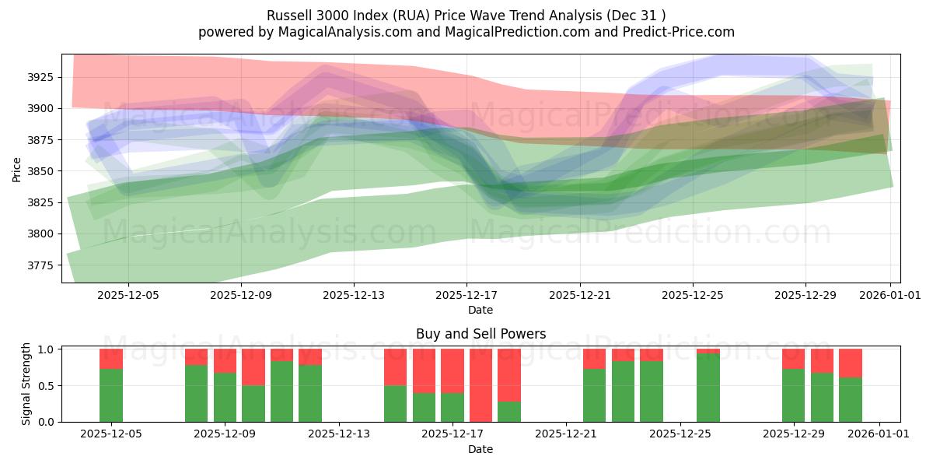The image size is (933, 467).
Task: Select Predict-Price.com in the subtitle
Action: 676,32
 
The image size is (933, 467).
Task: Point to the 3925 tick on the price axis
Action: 40,77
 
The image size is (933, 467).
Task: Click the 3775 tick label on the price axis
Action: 40,265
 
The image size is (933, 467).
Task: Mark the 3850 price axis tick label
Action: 40,171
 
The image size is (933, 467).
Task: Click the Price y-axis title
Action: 17,169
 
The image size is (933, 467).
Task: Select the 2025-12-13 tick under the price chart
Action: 354,296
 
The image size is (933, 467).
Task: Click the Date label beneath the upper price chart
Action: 480,310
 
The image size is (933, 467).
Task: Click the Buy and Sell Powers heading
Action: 480,334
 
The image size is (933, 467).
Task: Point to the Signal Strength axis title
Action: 26,384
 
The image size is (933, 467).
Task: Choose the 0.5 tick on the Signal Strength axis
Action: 45,385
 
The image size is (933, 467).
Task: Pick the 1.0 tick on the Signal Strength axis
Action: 45,349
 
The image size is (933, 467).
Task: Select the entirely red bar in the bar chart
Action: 480,385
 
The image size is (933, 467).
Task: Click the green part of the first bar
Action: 111,395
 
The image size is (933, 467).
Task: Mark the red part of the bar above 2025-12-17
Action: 453,370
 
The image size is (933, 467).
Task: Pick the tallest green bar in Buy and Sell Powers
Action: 708,388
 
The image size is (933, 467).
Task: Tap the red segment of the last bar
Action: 851,363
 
